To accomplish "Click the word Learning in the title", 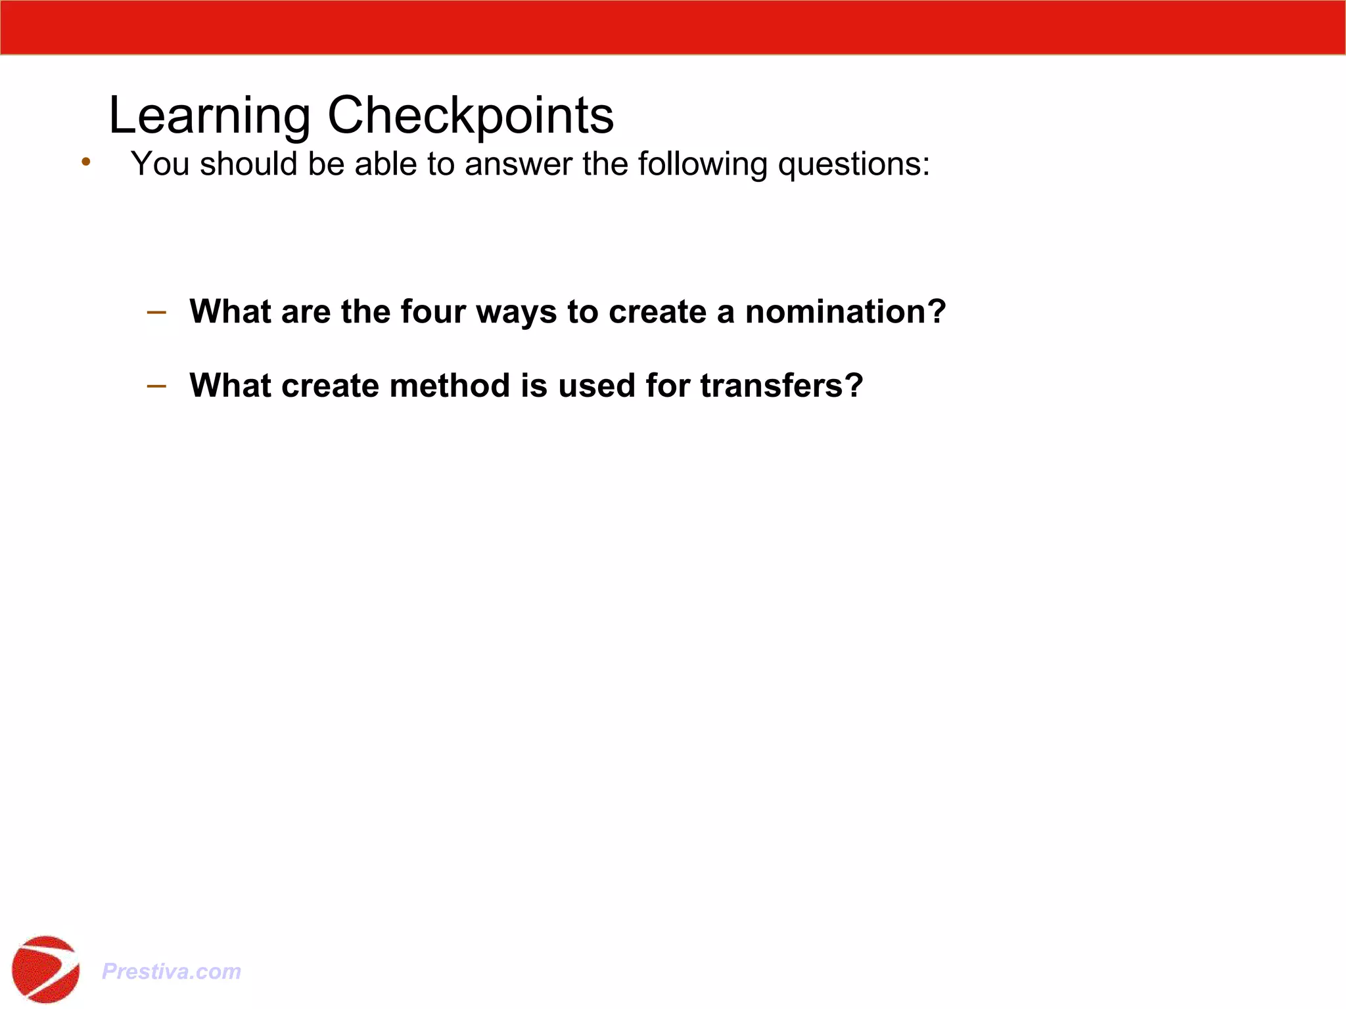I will [x=209, y=116].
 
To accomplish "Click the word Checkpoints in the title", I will [x=470, y=116].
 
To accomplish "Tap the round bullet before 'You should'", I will [x=86, y=162].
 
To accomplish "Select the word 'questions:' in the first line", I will [x=854, y=164].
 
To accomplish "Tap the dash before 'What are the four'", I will [x=156, y=312].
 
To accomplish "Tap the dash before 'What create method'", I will [x=156, y=386].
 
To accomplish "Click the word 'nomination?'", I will [x=845, y=311].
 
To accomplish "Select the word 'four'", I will [x=433, y=311].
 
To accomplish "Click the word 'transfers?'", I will [x=781, y=386].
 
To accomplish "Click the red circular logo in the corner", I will [x=45, y=969].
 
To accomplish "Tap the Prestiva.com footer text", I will [x=172, y=971].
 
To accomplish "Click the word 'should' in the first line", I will [x=248, y=164].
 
